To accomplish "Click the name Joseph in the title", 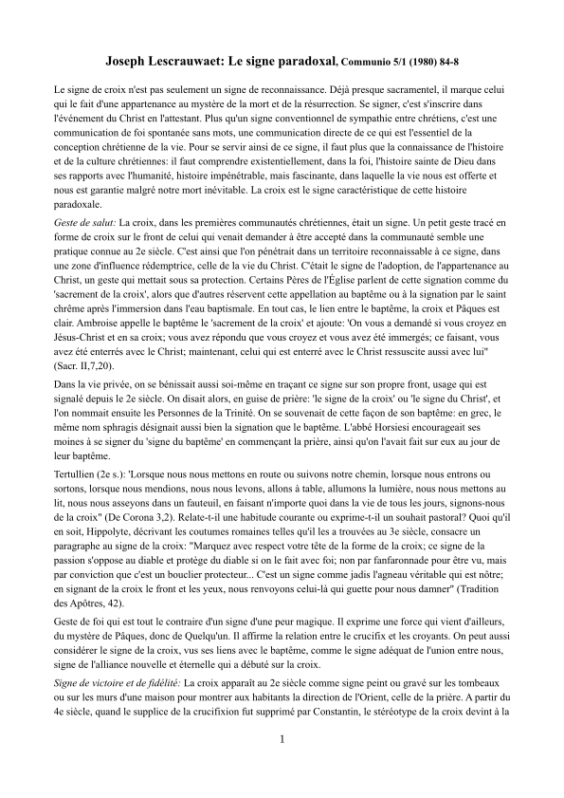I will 127,60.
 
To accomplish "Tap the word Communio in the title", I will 368,62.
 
